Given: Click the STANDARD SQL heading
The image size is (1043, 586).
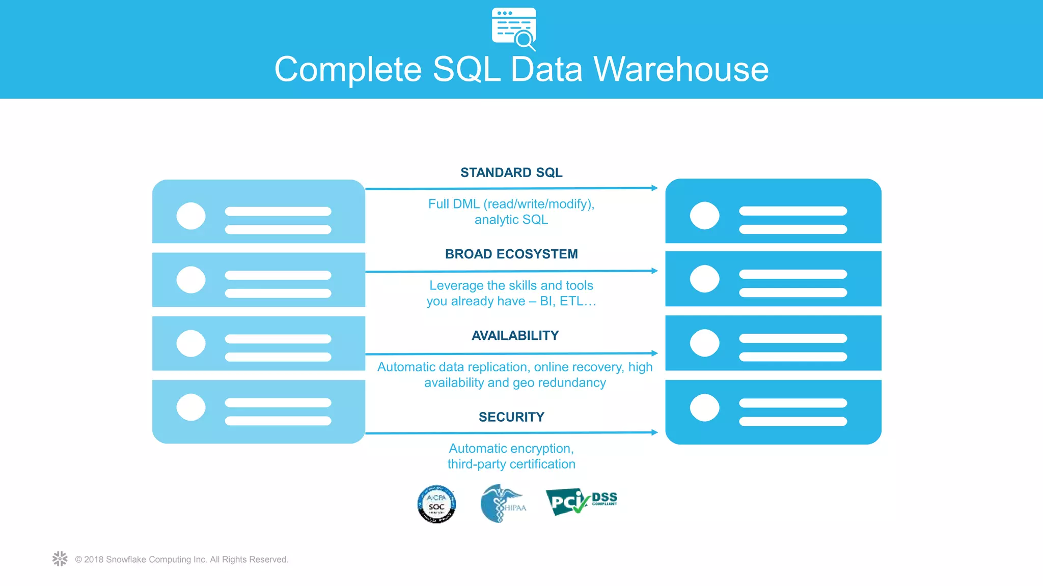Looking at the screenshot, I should click(511, 172).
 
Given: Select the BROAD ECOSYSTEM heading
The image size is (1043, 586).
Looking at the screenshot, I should click(511, 254).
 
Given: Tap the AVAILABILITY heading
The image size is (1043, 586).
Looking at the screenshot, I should click(515, 335).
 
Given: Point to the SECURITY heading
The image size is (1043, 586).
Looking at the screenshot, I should click(511, 417).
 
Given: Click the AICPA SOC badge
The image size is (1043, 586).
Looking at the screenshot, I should click(436, 504).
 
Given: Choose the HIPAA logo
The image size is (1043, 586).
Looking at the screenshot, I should click(502, 504).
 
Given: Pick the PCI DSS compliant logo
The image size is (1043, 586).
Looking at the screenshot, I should click(581, 502).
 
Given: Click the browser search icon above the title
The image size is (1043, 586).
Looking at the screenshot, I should click(514, 28).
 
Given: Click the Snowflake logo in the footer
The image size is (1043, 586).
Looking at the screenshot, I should click(60, 559).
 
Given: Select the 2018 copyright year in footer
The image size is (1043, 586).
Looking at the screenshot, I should click(94, 560).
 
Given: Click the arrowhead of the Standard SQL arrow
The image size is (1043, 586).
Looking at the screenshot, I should click(654, 188).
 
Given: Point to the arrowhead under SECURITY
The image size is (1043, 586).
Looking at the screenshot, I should click(654, 432).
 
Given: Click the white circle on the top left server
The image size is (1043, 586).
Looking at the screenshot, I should click(191, 216).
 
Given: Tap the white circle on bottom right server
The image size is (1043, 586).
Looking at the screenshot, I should click(704, 407).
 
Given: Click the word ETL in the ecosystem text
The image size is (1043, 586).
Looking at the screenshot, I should click(571, 301).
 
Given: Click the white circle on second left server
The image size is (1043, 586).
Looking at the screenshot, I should click(191, 280).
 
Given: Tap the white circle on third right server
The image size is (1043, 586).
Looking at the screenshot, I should click(704, 343).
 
